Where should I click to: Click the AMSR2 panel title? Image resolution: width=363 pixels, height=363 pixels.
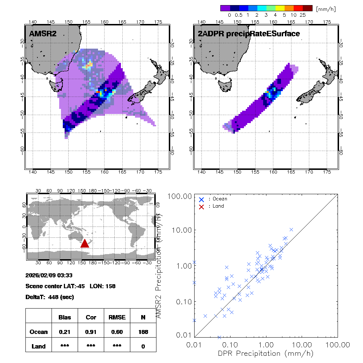43,34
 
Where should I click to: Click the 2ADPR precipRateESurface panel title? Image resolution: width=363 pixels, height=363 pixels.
249,34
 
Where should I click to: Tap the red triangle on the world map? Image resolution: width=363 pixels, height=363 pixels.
85,243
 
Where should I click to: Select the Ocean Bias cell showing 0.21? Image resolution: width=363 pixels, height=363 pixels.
65,332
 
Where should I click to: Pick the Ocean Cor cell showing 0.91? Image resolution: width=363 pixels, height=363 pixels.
91,332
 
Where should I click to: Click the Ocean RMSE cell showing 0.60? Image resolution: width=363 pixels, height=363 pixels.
117,332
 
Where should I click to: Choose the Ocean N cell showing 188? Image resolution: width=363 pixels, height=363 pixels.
143,332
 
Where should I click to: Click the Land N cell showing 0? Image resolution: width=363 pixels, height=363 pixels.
143,346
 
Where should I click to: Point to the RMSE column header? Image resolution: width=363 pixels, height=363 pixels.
117,317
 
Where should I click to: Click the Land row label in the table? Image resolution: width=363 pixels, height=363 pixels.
38,346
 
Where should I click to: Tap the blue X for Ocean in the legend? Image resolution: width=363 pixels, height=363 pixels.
201,199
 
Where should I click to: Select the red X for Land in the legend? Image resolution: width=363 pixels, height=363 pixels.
201,206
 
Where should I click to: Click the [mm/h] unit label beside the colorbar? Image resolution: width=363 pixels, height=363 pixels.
326,9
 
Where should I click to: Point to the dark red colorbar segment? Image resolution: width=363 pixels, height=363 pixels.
307,8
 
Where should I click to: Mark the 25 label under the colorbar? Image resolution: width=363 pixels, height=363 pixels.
303,15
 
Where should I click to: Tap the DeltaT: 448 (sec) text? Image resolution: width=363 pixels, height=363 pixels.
50,297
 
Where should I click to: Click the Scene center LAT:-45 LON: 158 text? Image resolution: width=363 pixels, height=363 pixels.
70,286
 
